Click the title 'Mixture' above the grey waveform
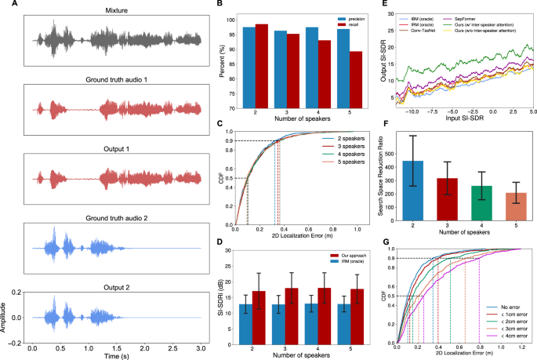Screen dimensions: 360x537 (116, 10)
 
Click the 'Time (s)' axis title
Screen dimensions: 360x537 (116, 356)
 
